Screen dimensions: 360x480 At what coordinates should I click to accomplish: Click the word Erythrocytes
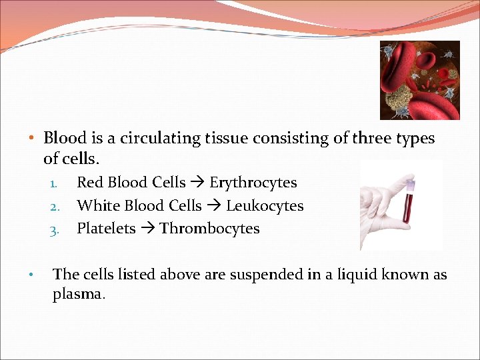tap(253, 183)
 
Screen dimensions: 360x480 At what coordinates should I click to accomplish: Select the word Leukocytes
tap(265, 206)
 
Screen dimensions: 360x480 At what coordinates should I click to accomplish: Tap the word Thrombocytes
tap(209, 229)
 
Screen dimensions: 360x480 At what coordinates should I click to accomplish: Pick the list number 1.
tap(55, 183)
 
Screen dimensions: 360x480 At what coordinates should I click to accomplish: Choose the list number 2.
tap(55, 207)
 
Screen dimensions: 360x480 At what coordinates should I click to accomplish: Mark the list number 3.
tap(55, 229)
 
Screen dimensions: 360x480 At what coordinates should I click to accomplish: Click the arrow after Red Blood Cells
tap(197, 183)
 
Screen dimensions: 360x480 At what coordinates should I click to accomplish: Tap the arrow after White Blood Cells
tap(213, 206)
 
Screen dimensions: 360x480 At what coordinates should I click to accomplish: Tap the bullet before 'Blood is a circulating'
tap(31, 139)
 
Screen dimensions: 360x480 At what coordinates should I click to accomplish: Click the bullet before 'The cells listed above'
tap(31, 275)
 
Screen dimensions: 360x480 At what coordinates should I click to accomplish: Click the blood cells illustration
tap(419, 80)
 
